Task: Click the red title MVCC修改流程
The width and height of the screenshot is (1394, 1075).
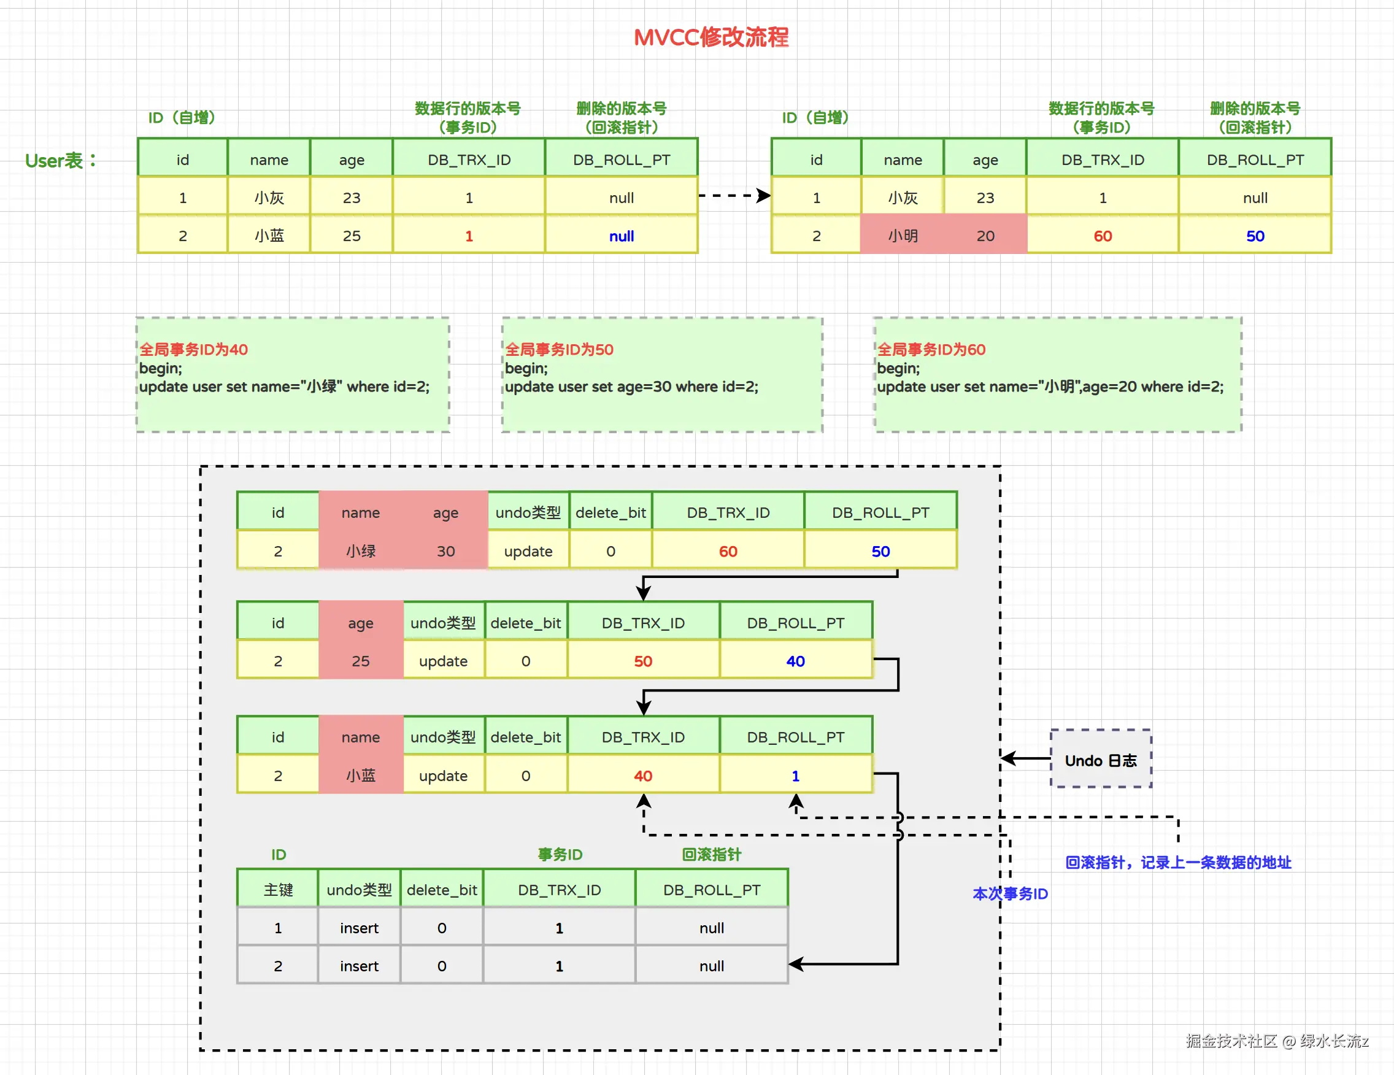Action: click(x=711, y=37)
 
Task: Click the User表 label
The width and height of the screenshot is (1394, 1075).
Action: click(x=61, y=160)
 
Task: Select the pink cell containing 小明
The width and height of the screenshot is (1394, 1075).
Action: click(x=903, y=236)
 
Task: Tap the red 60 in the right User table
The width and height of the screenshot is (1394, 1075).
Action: click(x=1103, y=236)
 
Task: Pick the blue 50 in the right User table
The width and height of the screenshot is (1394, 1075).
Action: click(x=1255, y=236)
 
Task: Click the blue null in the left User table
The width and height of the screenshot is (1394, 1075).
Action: click(x=621, y=236)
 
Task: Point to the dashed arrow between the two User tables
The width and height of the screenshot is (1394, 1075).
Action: click(x=734, y=195)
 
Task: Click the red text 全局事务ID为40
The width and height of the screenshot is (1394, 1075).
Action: click(x=193, y=349)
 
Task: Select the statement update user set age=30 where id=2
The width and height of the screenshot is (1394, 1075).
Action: click(x=631, y=386)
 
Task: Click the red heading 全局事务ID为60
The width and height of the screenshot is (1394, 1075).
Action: click(x=931, y=349)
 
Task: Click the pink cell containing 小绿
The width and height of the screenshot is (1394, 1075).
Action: click(x=361, y=550)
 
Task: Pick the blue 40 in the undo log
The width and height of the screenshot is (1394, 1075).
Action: click(x=795, y=661)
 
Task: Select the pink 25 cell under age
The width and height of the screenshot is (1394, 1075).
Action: click(x=361, y=661)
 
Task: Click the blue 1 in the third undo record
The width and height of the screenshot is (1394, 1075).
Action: click(x=795, y=775)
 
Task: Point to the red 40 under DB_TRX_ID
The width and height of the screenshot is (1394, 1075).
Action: click(x=643, y=775)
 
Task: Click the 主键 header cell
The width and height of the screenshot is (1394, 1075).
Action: click(x=278, y=889)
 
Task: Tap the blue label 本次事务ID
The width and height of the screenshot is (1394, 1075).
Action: click(x=1010, y=893)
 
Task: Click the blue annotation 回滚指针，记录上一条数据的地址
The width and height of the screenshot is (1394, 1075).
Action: click(x=1177, y=863)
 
